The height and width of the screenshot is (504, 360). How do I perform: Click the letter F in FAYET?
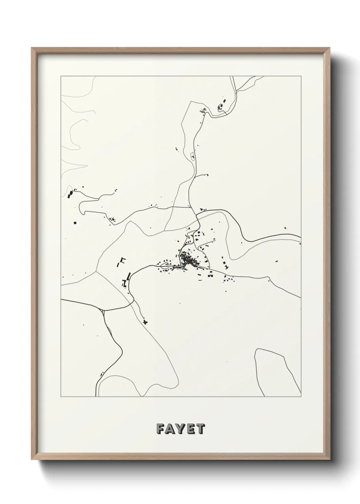[x=160, y=429]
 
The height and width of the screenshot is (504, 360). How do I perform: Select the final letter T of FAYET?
[x=200, y=429]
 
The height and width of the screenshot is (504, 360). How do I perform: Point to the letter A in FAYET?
[x=170, y=429]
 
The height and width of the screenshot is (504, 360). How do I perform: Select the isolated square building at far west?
[x=75, y=223]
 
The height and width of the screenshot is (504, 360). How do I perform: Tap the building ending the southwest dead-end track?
[x=146, y=321]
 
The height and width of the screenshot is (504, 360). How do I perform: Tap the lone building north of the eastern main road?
[x=285, y=228]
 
